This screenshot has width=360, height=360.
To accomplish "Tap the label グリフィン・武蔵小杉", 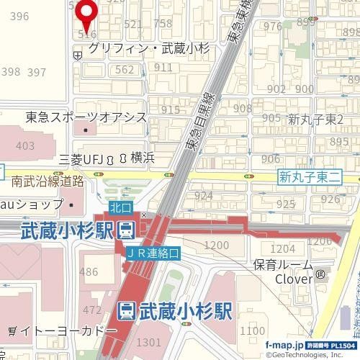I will (x=148, y=48).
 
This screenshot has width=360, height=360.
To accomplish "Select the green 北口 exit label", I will (x=122, y=207).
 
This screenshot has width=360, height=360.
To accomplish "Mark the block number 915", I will (x=170, y=109).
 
